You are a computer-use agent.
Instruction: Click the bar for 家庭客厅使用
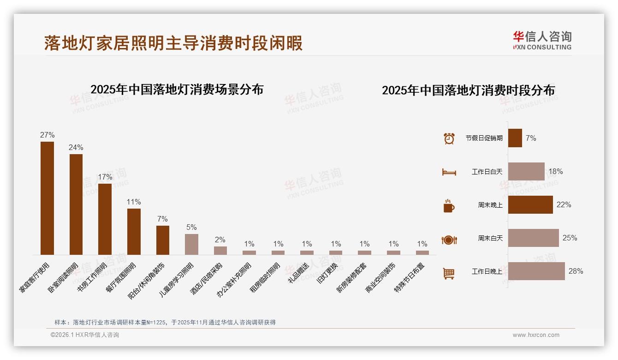[47, 198]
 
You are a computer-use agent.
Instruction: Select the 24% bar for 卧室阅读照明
[76, 204]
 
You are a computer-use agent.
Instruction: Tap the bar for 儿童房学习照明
[191, 244]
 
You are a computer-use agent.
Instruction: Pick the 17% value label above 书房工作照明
[105, 177]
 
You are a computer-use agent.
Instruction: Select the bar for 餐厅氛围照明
[134, 231]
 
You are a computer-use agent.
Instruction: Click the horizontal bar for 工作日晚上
[536, 271]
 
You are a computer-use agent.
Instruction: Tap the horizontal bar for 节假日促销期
[515, 138]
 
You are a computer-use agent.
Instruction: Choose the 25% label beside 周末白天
[570, 238]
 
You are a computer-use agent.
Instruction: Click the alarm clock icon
[449, 138]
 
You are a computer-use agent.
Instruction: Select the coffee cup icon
[449, 205]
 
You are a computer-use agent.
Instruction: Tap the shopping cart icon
[449, 273]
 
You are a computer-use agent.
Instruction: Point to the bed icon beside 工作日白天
[449, 172]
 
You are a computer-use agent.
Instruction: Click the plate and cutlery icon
[449, 240]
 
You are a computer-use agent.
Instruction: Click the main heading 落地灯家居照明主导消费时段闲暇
[173, 43]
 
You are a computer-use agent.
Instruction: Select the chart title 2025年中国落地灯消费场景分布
[177, 90]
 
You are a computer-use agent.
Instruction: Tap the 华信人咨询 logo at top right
[542, 40]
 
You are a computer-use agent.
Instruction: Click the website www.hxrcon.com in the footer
[536, 335]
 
